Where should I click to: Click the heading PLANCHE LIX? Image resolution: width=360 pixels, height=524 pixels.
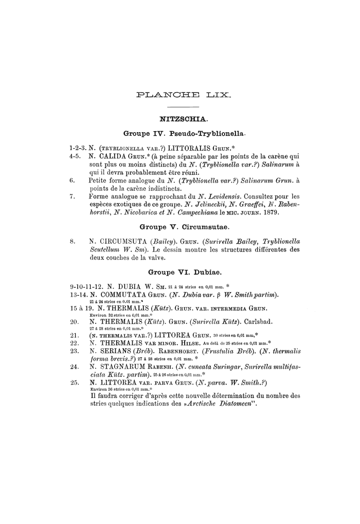click(x=184, y=95)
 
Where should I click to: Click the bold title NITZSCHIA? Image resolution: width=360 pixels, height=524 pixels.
click(x=184, y=119)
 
